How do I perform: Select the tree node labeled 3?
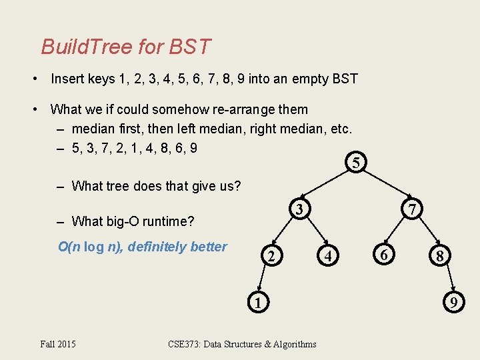(300, 209)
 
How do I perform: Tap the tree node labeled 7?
(413, 209)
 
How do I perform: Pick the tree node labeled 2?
(270, 256)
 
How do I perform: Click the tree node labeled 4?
(327, 256)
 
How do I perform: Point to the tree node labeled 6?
(383, 255)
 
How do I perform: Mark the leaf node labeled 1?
(255, 302)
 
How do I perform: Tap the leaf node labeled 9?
(453, 303)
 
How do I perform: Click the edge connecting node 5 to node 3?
(328, 185)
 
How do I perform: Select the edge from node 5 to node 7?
(385, 185)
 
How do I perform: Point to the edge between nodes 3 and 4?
(315, 233)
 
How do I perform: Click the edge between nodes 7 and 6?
(398, 232)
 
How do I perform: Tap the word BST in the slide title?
(189, 47)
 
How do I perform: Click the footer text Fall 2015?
(58, 344)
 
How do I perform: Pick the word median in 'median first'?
(95, 128)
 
